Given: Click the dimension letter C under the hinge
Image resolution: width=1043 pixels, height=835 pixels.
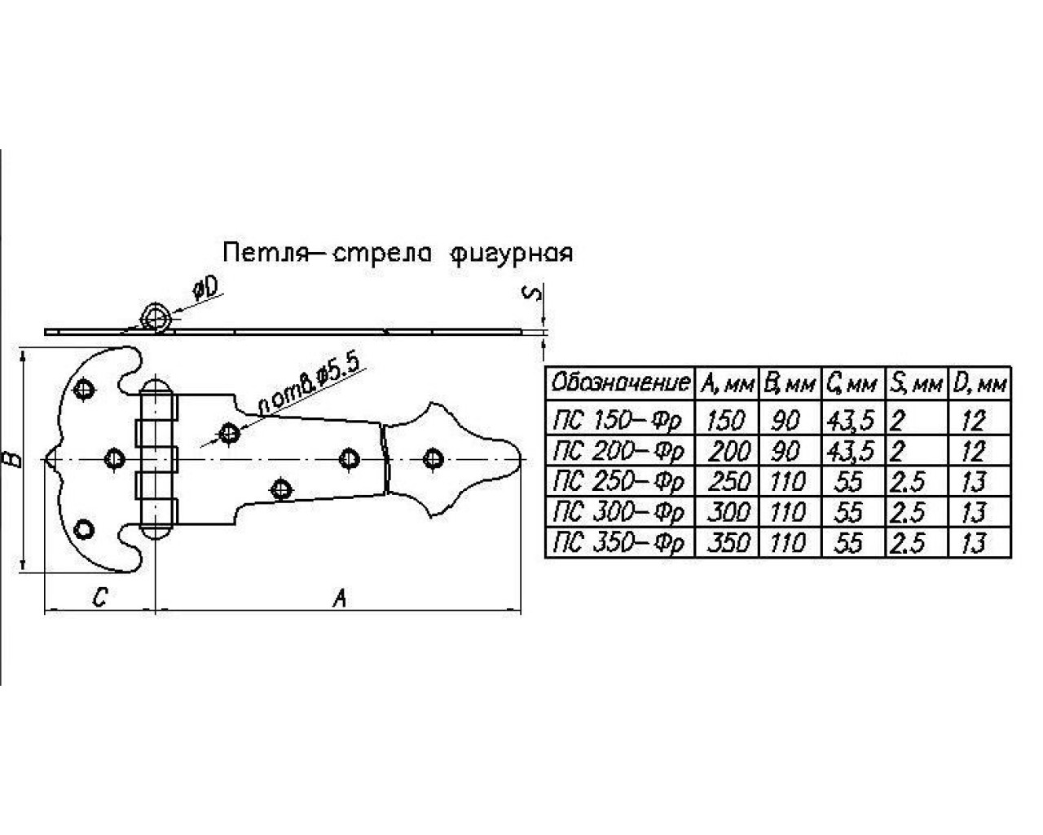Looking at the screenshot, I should [98, 598].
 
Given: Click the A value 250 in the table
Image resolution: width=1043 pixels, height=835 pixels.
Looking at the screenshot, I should [728, 481].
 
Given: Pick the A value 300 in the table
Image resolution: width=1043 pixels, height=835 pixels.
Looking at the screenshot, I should [728, 512].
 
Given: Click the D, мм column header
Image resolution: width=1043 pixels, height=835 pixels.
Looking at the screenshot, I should [981, 382].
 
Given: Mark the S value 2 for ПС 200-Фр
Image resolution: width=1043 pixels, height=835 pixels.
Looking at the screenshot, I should [899, 451].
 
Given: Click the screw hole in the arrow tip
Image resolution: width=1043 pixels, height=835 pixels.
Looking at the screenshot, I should [431, 459].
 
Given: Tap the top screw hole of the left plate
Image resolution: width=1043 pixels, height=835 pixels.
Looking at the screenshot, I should [83, 390].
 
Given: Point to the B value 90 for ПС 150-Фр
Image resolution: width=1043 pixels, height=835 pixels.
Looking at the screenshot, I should [786, 420].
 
